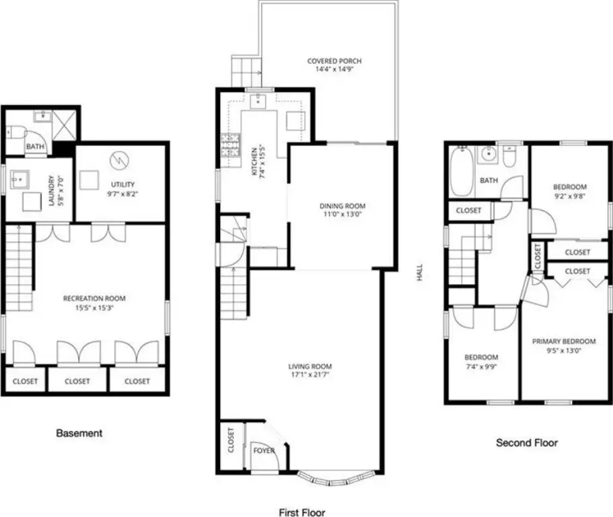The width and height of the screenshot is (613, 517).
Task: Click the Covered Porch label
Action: click(x=334, y=61)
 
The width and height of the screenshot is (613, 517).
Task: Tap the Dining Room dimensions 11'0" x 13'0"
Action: click(x=342, y=214)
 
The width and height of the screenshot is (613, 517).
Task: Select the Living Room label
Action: click(x=310, y=366)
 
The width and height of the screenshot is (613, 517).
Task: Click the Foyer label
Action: click(x=264, y=450)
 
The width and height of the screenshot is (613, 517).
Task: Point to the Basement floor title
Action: click(x=79, y=433)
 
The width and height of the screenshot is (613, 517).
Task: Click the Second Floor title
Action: click(x=527, y=443)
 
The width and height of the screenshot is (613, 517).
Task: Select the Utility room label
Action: click(x=122, y=184)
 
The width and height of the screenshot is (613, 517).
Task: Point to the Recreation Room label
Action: click(x=94, y=298)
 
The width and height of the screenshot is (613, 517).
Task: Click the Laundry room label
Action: click(x=51, y=191)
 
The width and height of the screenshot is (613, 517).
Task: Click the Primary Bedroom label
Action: click(x=564, y=341)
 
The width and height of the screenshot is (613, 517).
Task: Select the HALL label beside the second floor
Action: click(x=419, y=272)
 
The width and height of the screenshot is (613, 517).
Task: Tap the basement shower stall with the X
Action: click(x=65, y=125)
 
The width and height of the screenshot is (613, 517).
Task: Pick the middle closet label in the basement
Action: click(x=77, y=381)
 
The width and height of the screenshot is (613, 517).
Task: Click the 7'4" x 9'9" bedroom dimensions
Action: click(x=481, y=367)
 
